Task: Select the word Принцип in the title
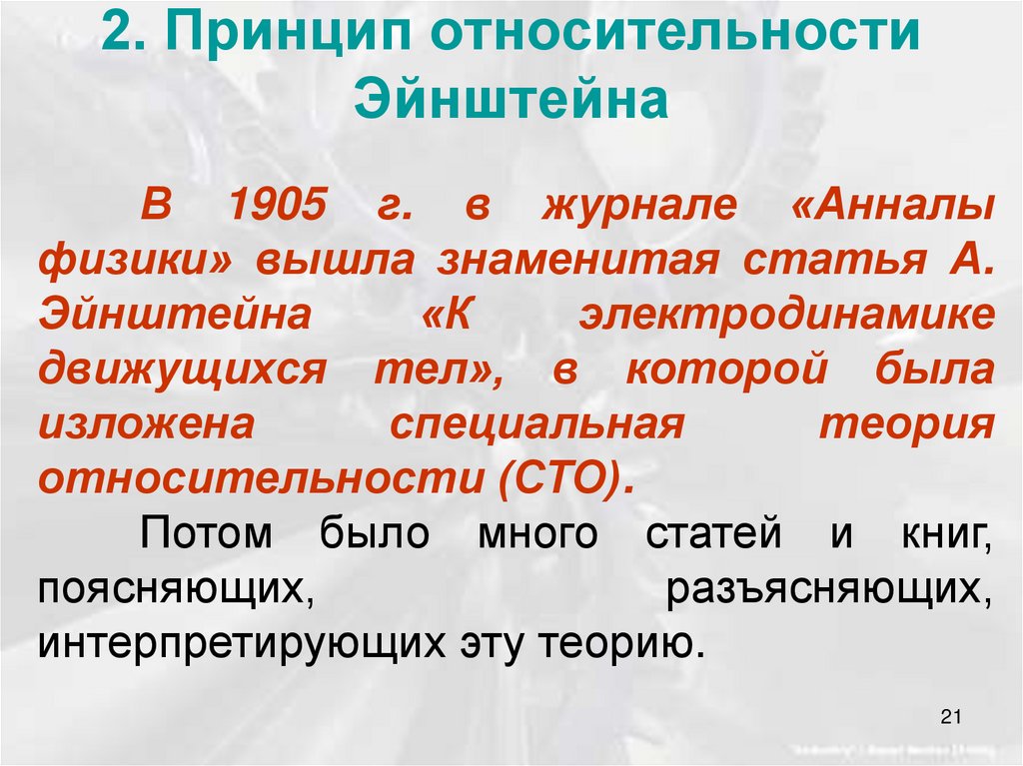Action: (x=285, y=38)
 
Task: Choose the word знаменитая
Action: (x=577, y=261)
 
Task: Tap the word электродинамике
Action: (x=786, y=316)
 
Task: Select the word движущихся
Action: (x=183, y=372)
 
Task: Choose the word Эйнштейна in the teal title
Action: (x=511, y=100)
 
